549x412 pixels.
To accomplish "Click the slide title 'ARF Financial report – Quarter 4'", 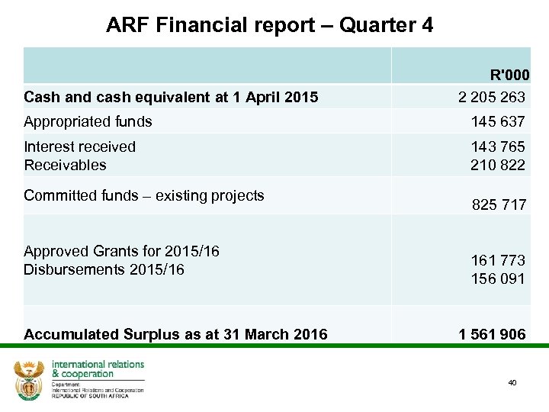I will click(x=270, y=25).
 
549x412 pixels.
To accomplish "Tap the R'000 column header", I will click(x=509, y=76).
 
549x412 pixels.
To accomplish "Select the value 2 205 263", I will click(x=492, y=97).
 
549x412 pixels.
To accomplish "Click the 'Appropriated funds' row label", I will click(x=88, y=121).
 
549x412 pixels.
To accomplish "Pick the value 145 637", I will click(x=498, y=121).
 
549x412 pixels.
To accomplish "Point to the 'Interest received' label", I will click(x=79, y=146).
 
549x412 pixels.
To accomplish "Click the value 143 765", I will click(x=498, y=147).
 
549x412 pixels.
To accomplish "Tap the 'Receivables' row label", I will click(x=65, y=165).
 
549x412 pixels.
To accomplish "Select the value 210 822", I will click(x=498, y=165).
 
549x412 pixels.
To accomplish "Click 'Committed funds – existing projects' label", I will click(x=143, y=195).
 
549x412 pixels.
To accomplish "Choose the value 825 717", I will click(x=499, y=204).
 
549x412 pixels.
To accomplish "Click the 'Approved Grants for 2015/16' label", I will click(x=121, y=251).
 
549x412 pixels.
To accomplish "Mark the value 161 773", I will click(x=498, y=261).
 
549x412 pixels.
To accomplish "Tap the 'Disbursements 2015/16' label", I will click(x=104, y=269).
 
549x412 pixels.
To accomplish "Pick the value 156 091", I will click(x=498, y=278).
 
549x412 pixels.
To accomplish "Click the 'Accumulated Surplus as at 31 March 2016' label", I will click(x=175, y=334).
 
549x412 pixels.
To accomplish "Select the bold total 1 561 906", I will click(x=492, y=334).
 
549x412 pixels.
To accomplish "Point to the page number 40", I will click(x=512, y=382).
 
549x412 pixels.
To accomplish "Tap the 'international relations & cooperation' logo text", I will click(x=97, y=369).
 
